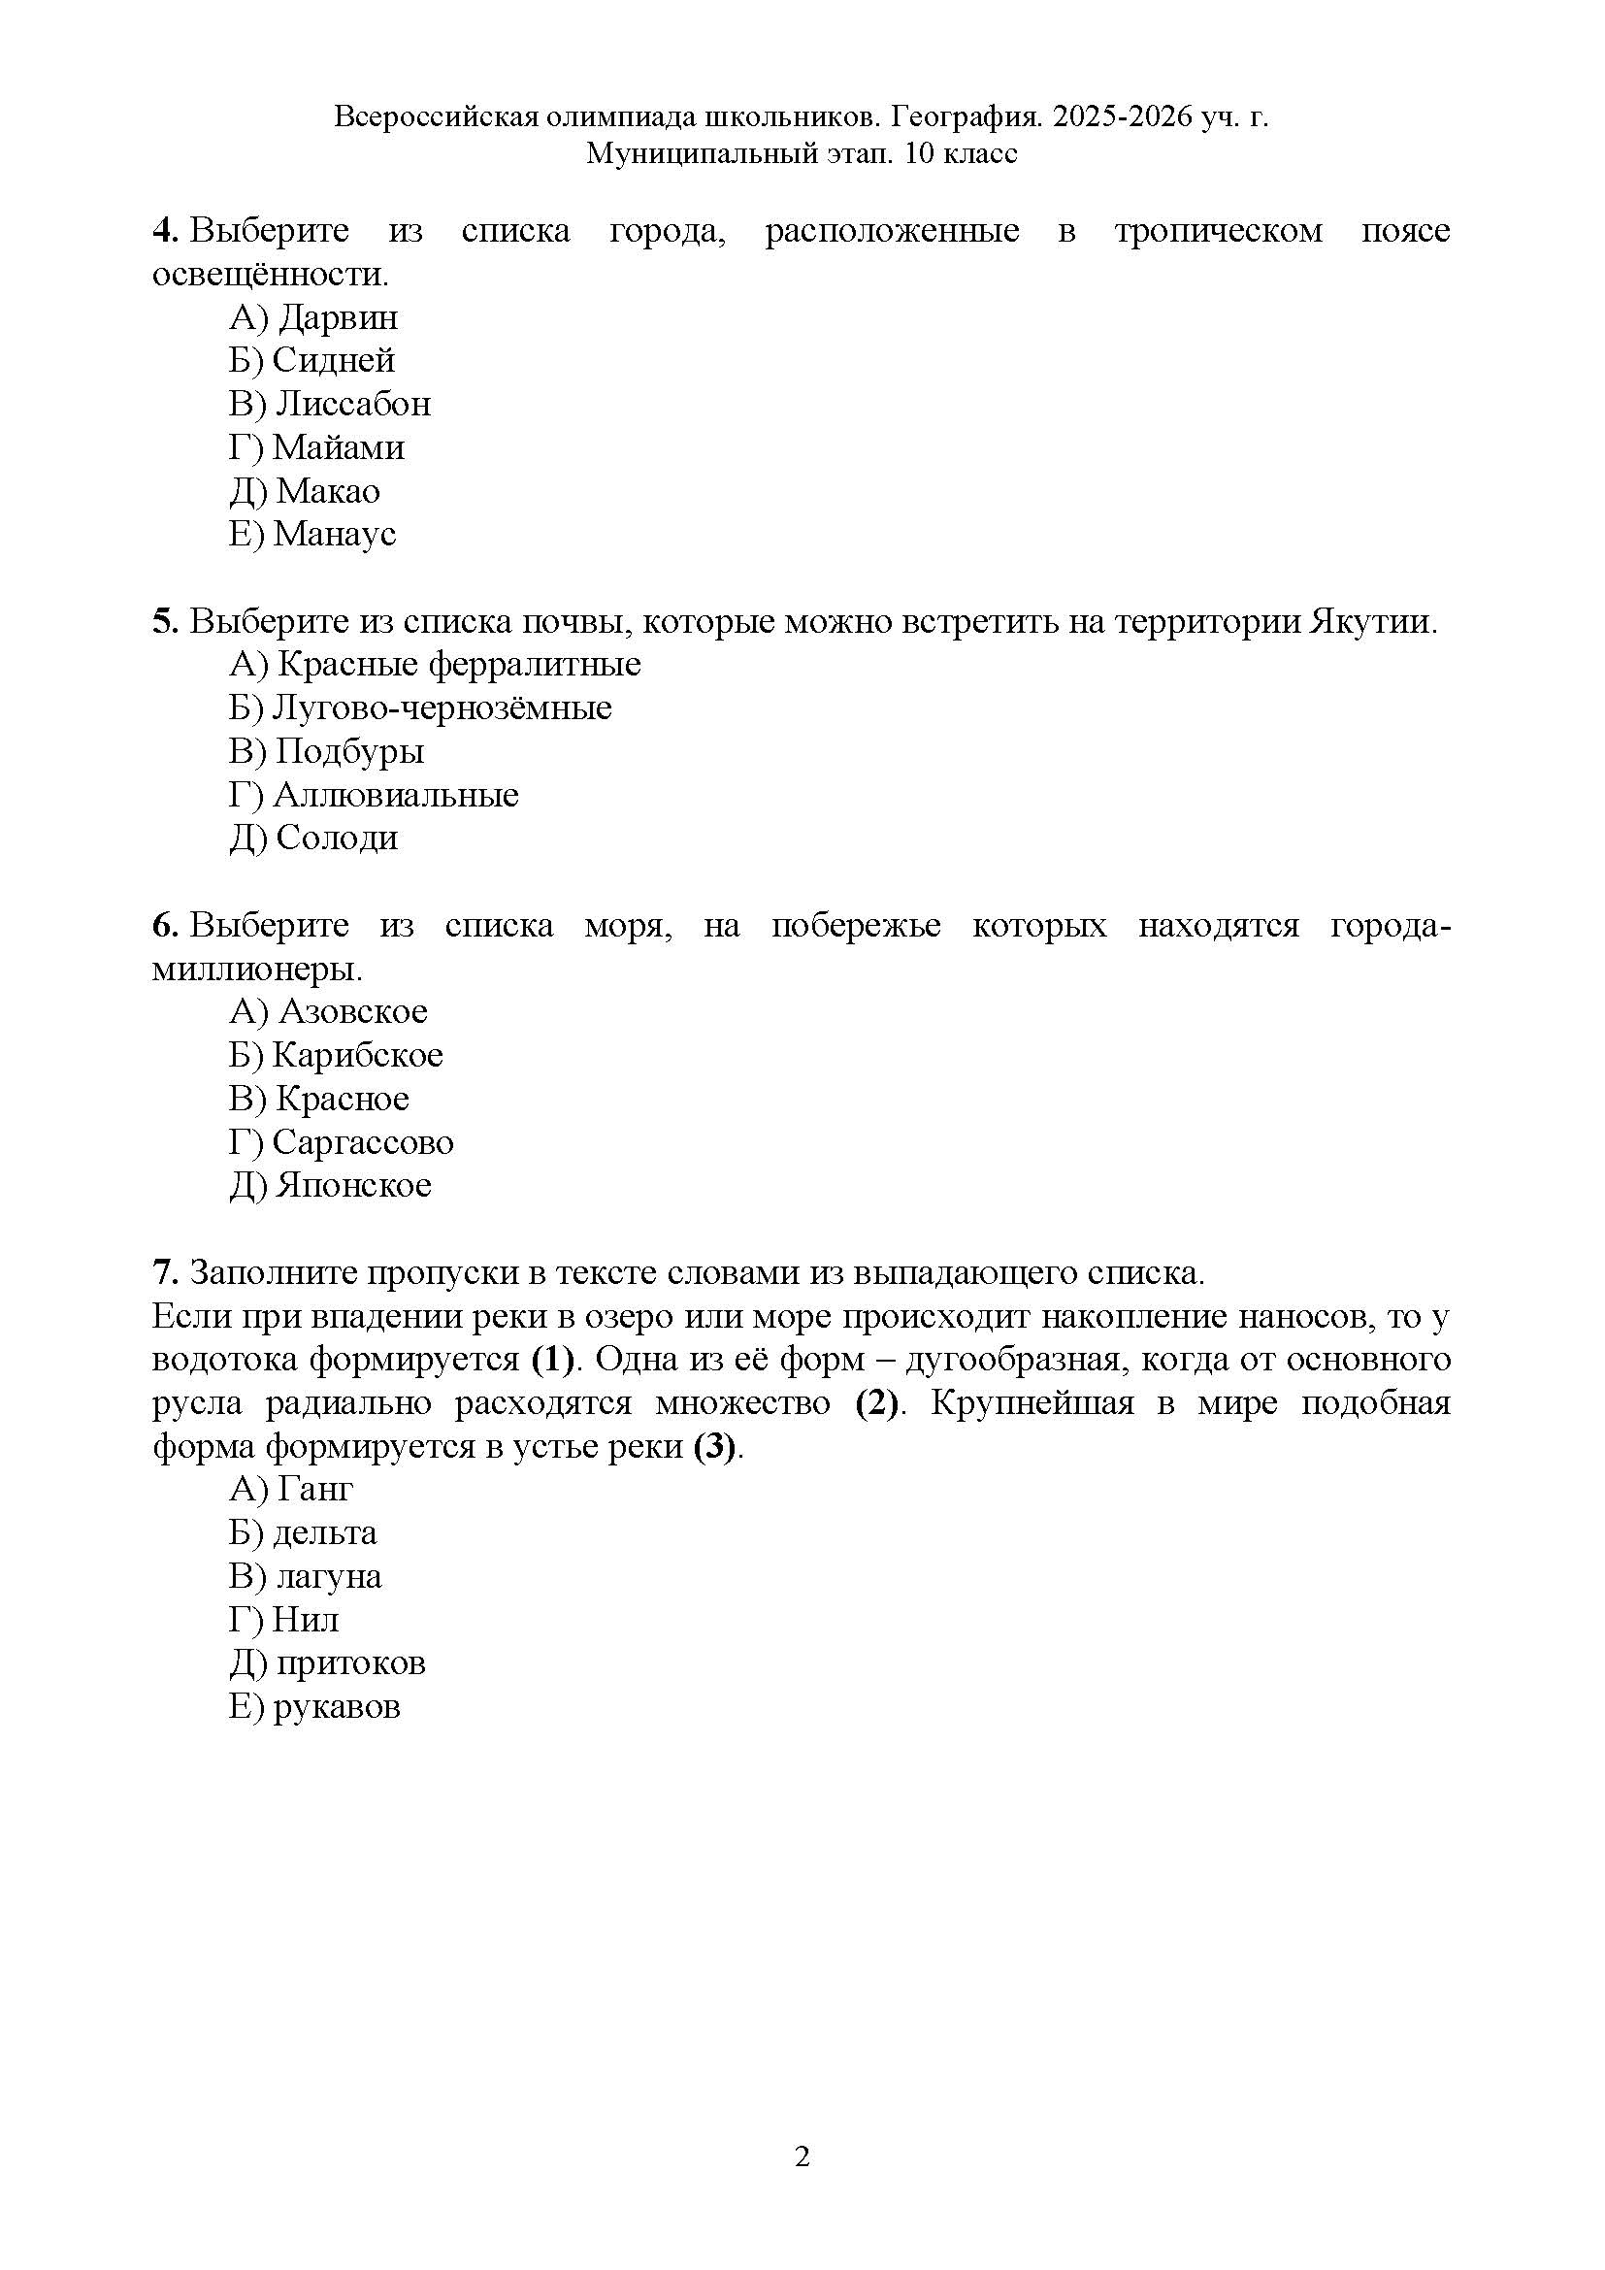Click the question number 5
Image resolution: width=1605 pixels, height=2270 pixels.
[x=164, y=622]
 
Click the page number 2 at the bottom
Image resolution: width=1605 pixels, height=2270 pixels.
[x=802, y=2156]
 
